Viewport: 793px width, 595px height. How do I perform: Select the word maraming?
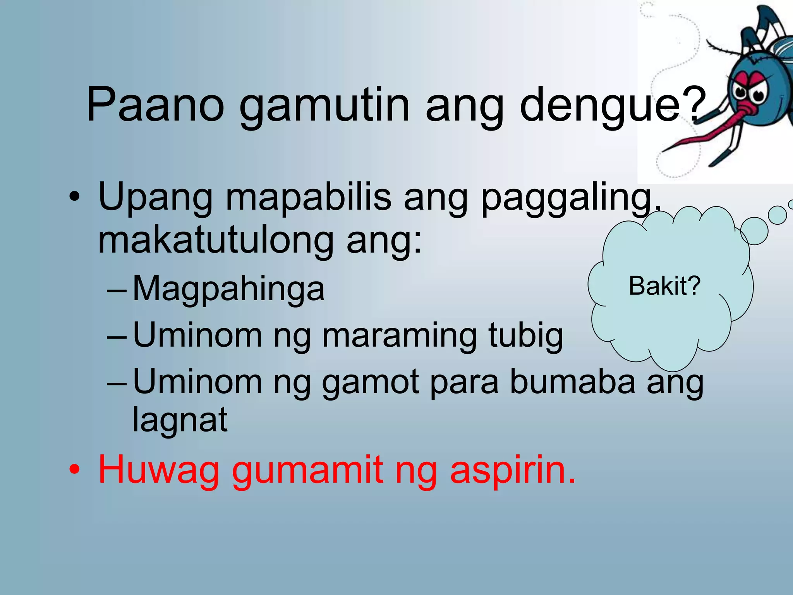[x=399, y=336]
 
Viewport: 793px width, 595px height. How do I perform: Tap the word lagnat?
[x=180, y=420]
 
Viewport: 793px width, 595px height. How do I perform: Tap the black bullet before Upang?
[x=74, y=197]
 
